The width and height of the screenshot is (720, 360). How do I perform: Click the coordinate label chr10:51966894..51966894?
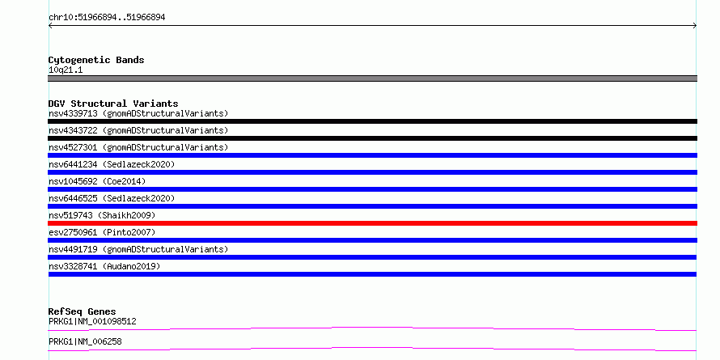107,18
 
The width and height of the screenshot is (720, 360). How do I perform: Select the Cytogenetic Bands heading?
96,60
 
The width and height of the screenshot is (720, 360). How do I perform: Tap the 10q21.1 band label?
66,70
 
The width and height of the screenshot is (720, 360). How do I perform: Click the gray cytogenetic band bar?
372,78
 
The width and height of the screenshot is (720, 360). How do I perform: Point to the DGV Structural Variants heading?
113,104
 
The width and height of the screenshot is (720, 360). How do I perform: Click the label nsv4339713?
73,113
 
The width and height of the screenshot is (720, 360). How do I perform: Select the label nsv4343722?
73,130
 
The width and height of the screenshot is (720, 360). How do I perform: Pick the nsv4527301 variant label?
73,147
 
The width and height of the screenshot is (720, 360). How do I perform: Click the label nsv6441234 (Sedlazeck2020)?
112,164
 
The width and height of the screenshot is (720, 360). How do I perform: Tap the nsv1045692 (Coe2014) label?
97,181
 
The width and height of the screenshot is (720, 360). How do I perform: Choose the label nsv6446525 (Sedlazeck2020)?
112,198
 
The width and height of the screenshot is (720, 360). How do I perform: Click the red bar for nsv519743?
372,223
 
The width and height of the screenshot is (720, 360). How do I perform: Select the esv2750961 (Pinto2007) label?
102,232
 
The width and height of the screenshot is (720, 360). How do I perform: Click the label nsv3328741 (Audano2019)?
104,266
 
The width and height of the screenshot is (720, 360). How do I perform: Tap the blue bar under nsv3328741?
372,274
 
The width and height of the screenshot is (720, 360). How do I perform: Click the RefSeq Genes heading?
83,311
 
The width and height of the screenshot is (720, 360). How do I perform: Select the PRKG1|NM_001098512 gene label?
92,321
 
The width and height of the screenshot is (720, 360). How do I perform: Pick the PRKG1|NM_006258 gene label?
85,341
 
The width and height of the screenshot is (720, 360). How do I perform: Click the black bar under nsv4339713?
372,121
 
